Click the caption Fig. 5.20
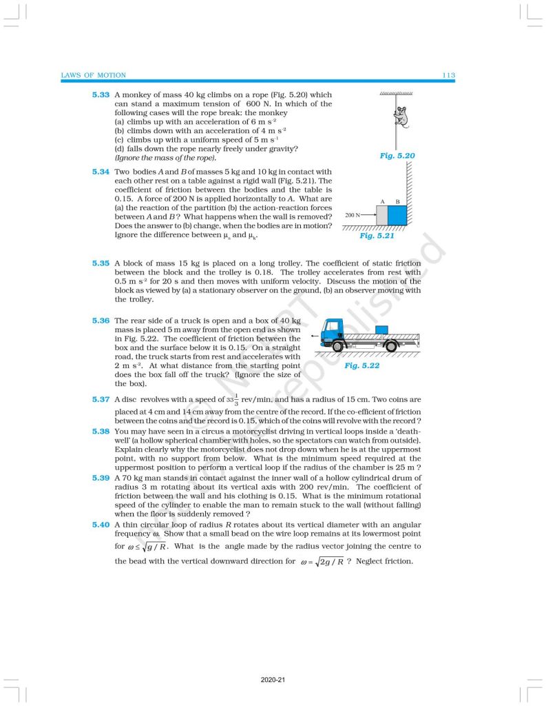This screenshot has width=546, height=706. click(x=397, y=157)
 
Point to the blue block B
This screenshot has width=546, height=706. click(x=397, y=214)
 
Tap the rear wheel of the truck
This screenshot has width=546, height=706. click(x=390, y=346)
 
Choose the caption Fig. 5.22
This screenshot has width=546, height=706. click(x=361, y=365)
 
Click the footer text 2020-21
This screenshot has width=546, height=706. click(x=273, y=680)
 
